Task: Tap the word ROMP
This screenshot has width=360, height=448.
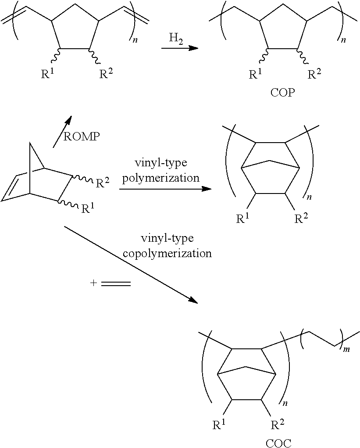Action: point(82,136)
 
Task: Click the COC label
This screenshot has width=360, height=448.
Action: point(278,443)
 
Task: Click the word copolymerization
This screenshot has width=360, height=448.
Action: point(168,254)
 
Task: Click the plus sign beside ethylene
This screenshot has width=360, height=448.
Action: point(93,283)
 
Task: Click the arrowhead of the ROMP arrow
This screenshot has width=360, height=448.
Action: point(68,119)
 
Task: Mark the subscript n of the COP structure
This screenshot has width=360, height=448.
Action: point(343,40)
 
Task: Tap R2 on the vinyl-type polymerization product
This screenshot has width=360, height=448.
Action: point(302,218)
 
